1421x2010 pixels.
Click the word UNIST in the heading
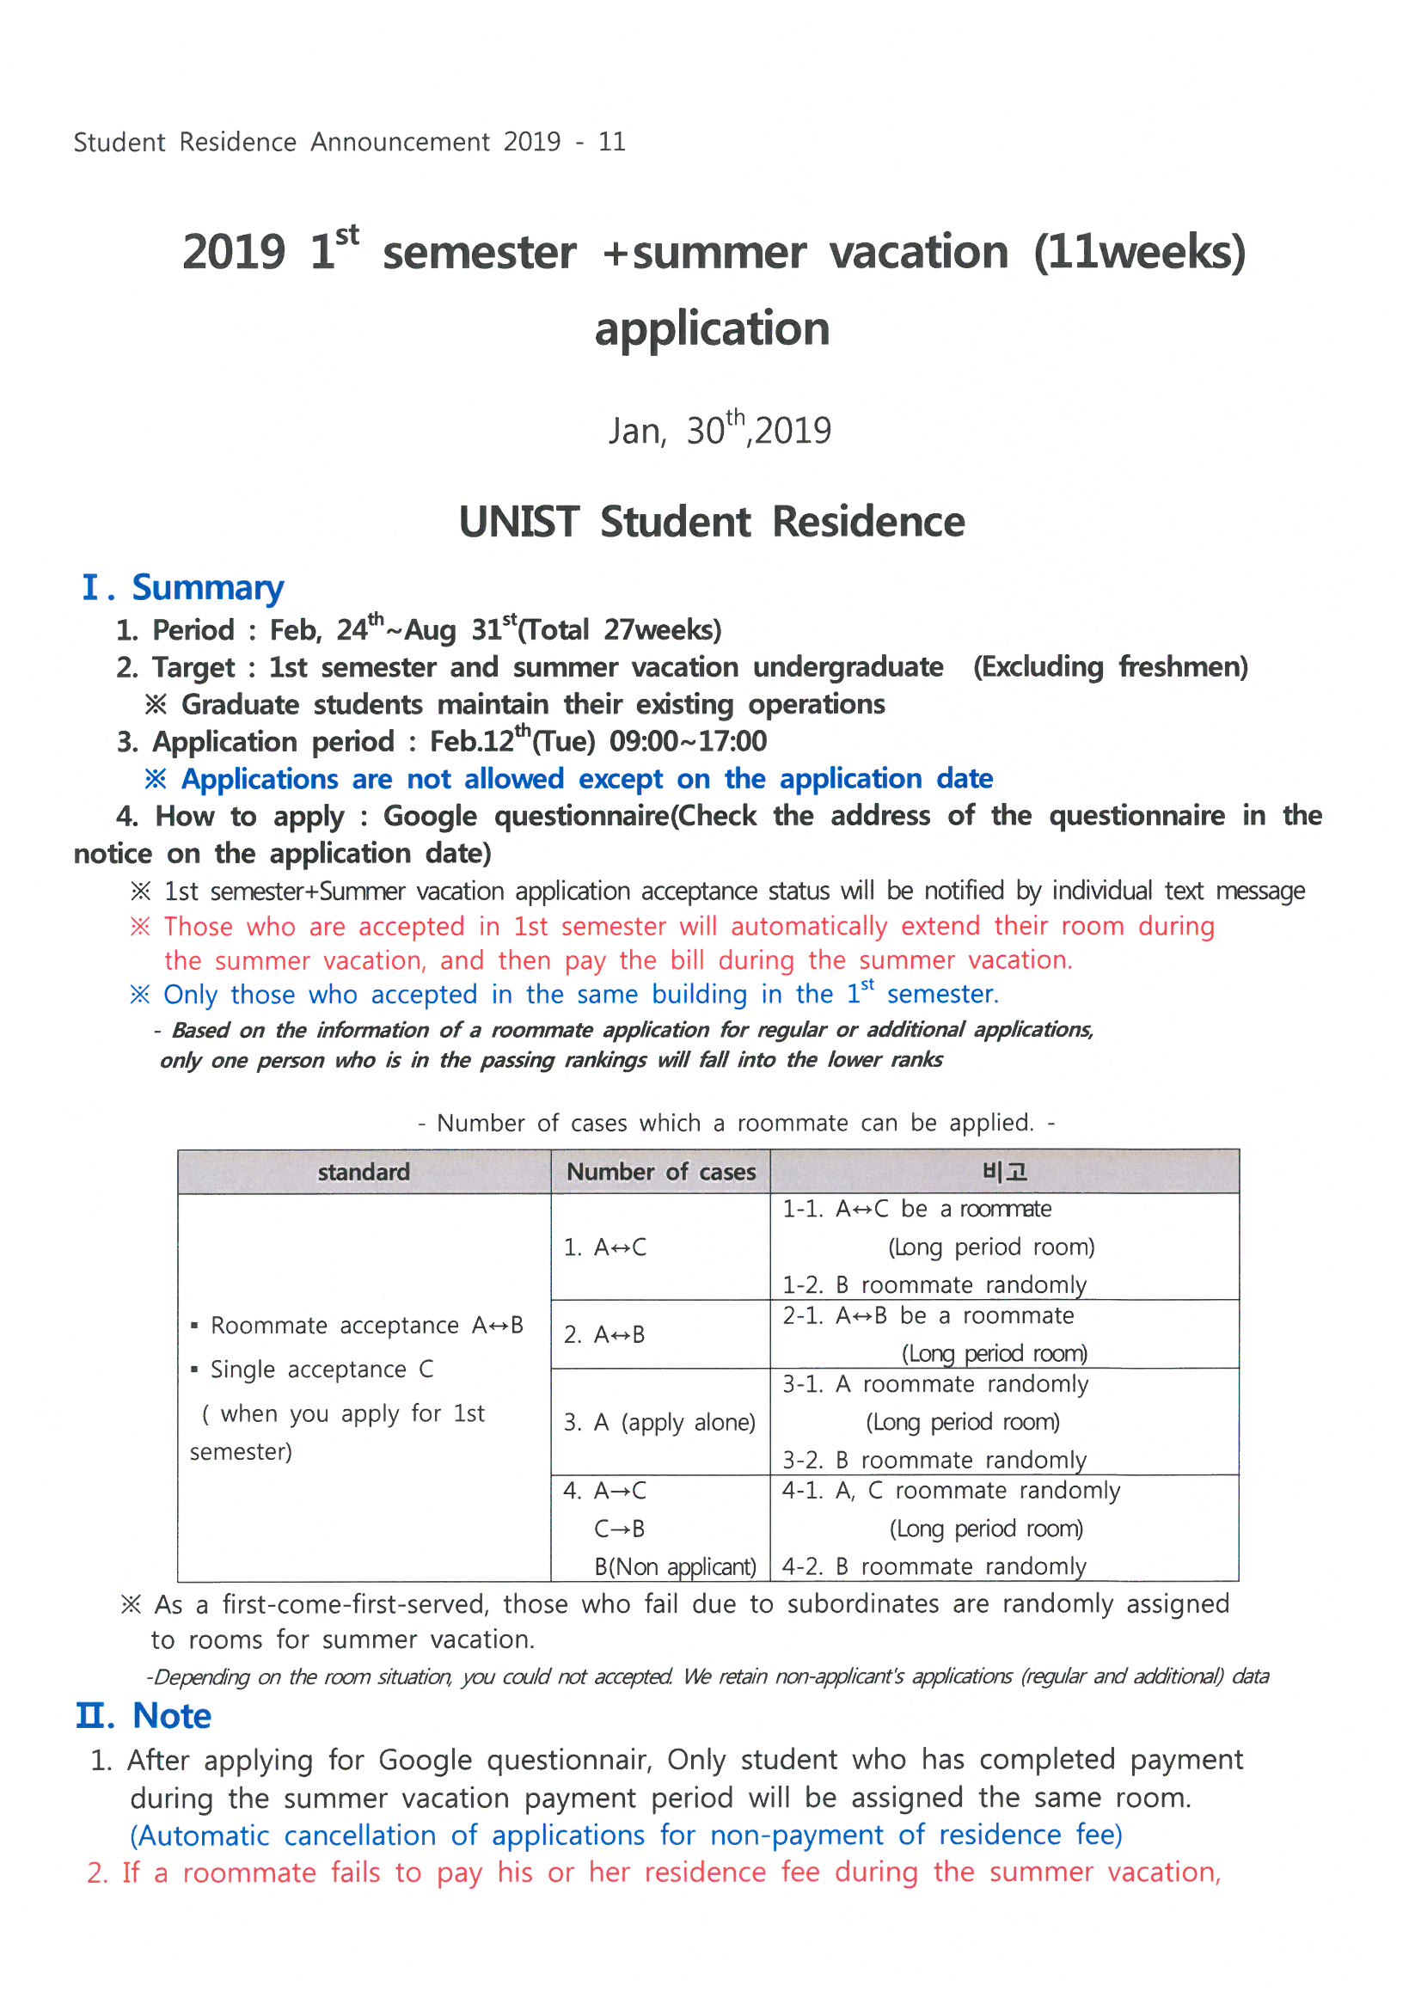[518, 522]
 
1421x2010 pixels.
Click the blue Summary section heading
[207, 587]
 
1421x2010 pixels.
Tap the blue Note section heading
[172, 1715]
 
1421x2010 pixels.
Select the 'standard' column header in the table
[364, 1171]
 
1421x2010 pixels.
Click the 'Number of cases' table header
[660, 1171]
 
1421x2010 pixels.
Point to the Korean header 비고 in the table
[1004, 1171]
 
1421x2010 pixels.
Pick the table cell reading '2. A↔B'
[604, 1334]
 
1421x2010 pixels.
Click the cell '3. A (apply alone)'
[659, 1422]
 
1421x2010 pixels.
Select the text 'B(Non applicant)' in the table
[675, 1566]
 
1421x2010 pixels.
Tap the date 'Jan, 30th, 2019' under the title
[720, 430]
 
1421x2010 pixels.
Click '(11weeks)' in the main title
[1139, 252]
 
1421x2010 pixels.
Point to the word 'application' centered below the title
[712, 329]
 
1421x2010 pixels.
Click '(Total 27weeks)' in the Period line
[619, 629]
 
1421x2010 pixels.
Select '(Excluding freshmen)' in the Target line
[1110, 667]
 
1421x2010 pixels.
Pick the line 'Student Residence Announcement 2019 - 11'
[349, 142]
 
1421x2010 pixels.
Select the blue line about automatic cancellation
[626, 1835]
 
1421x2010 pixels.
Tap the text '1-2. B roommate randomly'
[934, 1284]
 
